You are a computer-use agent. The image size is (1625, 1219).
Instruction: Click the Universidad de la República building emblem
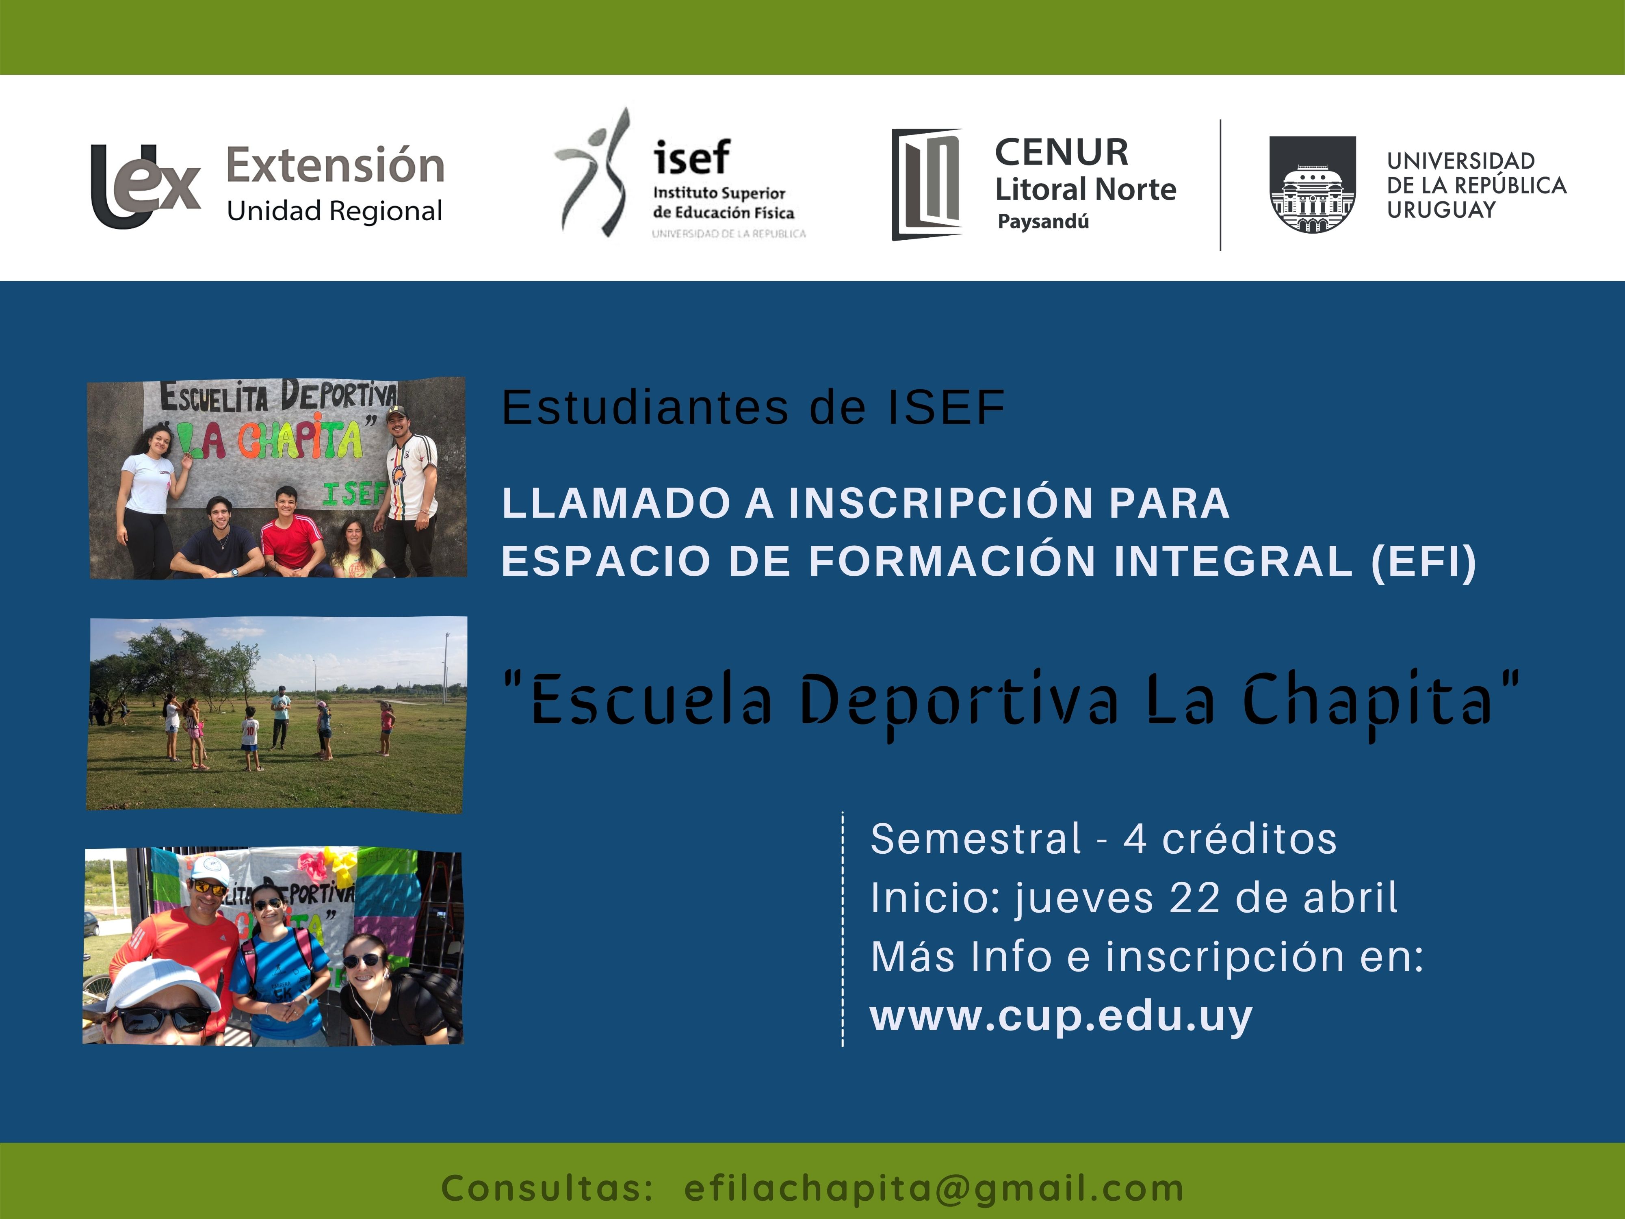(1313, 184)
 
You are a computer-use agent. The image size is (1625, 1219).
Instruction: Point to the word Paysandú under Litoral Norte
(1043, 221)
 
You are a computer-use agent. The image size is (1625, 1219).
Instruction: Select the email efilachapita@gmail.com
(934, 1188)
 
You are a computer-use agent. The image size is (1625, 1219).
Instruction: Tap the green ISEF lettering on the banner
(354, 494)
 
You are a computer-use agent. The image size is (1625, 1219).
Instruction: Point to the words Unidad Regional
(334, 211)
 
